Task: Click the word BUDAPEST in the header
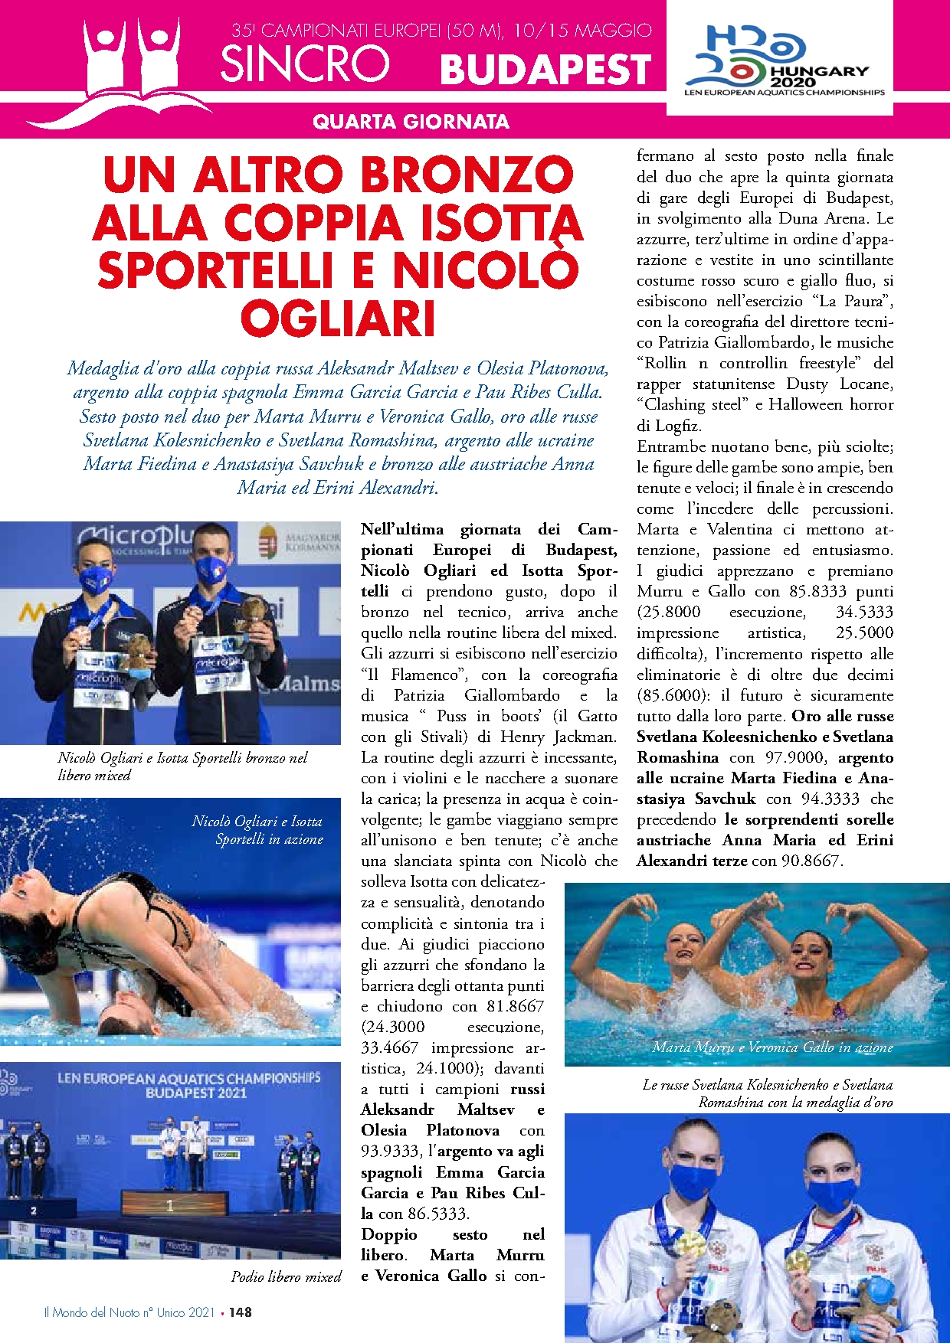click(545, 70)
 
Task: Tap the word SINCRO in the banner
click(305, 64)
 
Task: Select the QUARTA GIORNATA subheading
click(411, 122)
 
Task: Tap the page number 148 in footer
click(241, 1312)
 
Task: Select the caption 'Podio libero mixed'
click(286, 1276)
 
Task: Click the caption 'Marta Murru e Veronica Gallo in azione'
click(772, 1047)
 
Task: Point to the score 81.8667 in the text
click(515, 1006)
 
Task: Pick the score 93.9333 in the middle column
click(390, 1151)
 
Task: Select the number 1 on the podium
click(170, 1204)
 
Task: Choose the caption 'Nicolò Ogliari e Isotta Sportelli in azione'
click(257, 830)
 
